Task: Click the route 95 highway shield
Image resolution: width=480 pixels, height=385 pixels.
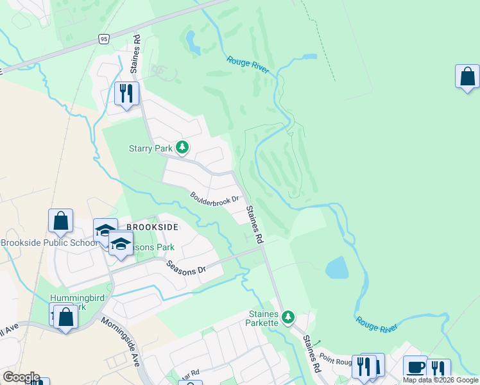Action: [x=104, y=39]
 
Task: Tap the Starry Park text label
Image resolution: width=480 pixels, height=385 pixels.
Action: [x=150, y=148]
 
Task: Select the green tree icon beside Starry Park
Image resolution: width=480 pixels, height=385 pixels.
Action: [x=182, y=148]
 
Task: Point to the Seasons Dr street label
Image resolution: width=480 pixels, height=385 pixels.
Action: [x=185, y=266]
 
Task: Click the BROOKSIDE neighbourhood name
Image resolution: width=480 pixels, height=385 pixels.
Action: [x=151, y=227]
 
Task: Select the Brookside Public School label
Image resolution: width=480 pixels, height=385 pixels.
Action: [x=49, y=243]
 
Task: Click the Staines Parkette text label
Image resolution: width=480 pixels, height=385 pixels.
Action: [x=264, y=318]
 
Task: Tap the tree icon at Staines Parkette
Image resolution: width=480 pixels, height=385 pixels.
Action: [x=288, y=316]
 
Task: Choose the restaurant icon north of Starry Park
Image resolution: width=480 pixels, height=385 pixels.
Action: [x=126, y=94]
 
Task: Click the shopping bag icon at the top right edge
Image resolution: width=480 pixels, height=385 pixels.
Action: [x=467, y=77]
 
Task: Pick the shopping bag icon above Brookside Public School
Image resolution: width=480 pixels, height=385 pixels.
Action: [x=60, y=221]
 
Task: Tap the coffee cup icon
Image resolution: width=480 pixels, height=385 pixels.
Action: [x=415, y=367]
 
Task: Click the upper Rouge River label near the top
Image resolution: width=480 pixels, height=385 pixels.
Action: [x=247, y=64]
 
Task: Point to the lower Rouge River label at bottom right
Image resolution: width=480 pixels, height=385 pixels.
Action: [x=376, y=323]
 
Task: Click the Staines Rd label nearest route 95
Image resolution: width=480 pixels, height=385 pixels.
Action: [x=137, y=47]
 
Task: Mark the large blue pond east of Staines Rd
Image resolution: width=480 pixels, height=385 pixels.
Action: [x=336, y=268]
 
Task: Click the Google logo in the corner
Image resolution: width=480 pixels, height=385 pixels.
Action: [x=21, y=377]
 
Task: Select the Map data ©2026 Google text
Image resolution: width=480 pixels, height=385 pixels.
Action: [x=440, y=380]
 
